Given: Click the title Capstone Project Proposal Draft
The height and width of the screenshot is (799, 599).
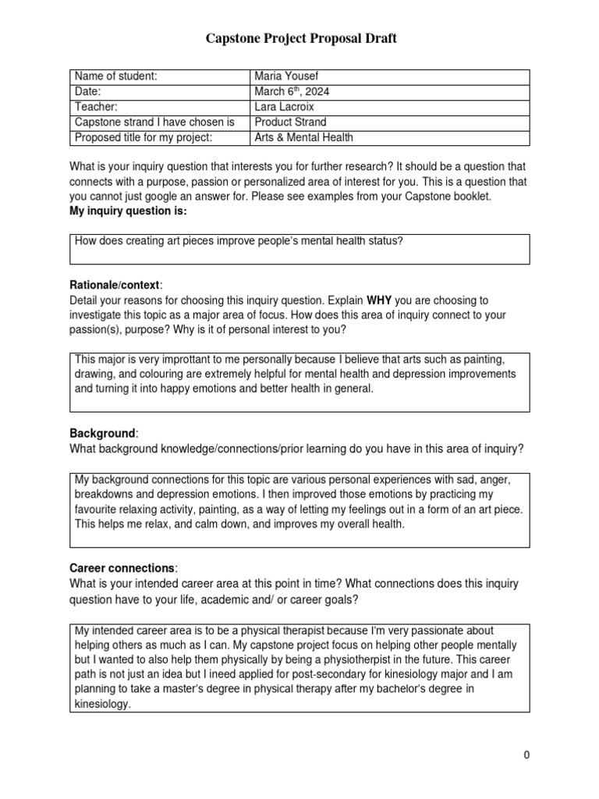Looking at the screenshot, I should (300, 38).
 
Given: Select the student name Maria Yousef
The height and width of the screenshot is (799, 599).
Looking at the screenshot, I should (286, 76).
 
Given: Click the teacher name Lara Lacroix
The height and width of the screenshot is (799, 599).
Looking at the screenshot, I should (284, 107).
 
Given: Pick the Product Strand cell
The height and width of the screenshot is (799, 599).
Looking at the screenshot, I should (291, 123).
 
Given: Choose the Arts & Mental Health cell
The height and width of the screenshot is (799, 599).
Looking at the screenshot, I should (304, 138).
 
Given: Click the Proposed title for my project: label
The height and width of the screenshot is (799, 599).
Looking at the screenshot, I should (143, 138).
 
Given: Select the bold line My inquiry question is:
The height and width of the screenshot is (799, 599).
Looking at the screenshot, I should (128, 211).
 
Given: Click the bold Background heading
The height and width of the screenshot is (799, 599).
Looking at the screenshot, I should (103, 432).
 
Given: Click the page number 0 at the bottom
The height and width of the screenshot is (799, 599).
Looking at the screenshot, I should (527, 755).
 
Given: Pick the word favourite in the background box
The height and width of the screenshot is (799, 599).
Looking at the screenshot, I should (97, 510).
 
